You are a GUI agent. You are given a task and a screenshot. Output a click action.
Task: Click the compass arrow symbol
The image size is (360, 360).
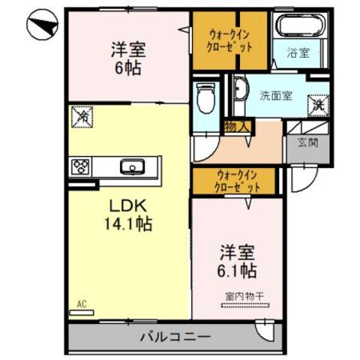(42, 28)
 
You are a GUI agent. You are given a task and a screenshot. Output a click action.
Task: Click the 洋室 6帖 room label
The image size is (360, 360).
(127, 57)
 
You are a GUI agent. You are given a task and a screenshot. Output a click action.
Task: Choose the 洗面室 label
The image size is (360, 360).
(276, 95)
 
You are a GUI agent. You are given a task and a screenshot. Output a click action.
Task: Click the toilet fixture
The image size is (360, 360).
(204, 97)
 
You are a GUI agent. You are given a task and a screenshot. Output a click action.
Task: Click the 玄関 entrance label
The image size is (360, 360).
(306, 142)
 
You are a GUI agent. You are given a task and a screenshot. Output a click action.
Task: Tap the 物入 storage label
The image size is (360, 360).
(237, 127)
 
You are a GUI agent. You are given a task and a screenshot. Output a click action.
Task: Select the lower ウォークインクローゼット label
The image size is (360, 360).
(237, 180)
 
